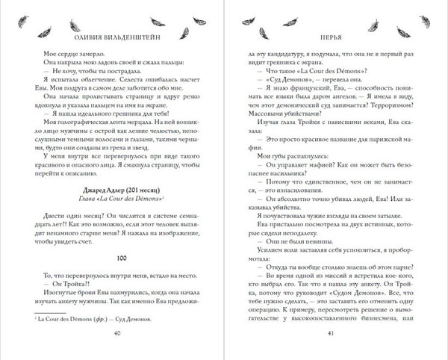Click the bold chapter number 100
tap(112, 237)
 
